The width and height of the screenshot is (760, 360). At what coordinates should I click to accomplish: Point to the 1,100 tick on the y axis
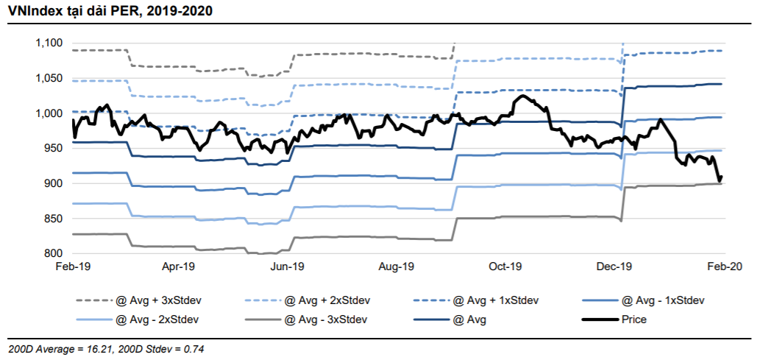point(49,43)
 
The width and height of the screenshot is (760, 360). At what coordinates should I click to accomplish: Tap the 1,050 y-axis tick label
point(49,79)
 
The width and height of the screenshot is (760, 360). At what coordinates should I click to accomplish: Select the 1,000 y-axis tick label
point(49,113)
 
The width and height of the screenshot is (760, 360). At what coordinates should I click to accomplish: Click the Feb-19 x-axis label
point(72,267)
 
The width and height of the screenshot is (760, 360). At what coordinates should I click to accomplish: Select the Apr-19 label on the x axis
point(179,267)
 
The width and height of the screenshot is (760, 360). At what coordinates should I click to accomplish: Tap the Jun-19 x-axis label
point(288,267)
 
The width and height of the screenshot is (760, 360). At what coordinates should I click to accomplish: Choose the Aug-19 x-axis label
point(397,267)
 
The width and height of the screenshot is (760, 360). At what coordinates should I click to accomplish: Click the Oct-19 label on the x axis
point(506,267)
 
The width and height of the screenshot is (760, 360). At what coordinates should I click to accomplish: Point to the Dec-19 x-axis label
point(615,267)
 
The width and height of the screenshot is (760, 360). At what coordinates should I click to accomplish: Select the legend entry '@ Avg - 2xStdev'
point(155,320)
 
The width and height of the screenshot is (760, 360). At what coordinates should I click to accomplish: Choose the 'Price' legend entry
point(633,320)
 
